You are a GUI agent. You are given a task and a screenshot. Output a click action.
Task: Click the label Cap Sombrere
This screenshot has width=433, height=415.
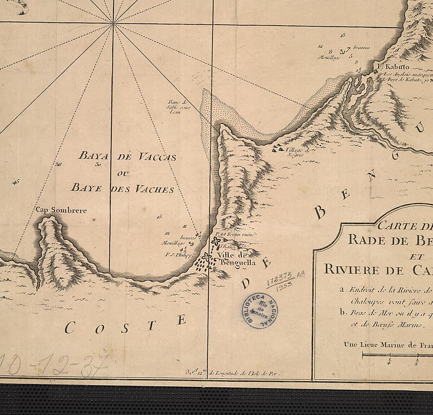click(x=61, y=210)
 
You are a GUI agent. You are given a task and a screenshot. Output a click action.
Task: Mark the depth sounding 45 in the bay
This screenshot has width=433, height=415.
click(x=16, y=182)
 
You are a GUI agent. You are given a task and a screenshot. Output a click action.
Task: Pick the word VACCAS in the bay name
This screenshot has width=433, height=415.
click(x=157, y=157)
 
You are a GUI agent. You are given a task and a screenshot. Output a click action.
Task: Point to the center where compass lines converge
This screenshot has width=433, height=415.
click(x=113, y=23)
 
